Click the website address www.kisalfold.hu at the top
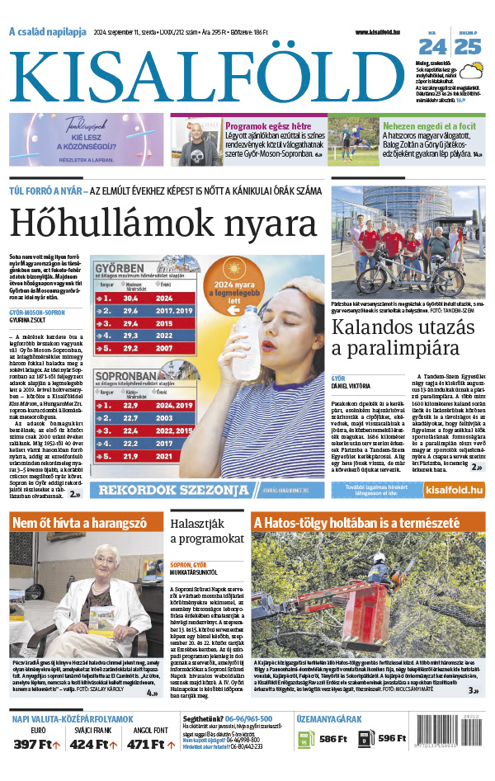pyautogui.click(x=385, y=31)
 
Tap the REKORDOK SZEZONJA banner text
pyautogui.click(x=169, y=491)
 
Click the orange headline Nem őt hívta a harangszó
pyautogui.click(x=79, y=523)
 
